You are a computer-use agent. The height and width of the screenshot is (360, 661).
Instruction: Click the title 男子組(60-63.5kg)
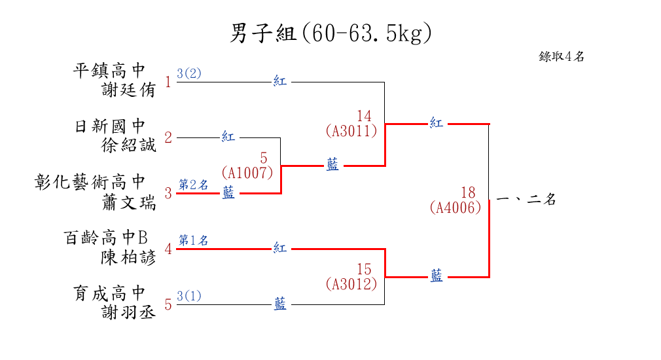point(330,33)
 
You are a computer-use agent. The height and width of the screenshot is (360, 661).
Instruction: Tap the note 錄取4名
point(561,56)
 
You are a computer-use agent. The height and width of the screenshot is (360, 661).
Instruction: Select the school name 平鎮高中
point(109,71)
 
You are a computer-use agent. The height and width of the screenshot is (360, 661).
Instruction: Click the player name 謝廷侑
point(128,90)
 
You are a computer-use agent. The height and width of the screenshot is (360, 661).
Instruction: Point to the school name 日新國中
point(109,126)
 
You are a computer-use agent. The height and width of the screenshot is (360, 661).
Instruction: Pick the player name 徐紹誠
point(128,145)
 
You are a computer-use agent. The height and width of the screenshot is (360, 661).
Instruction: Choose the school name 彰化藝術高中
point(90,182)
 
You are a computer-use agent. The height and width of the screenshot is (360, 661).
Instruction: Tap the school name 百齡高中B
point(106,238)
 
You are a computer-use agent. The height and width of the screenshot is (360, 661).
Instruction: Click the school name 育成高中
point(109,293)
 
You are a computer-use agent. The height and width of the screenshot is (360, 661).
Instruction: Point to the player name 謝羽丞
point(128,312)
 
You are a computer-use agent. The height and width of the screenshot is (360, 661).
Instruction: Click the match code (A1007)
point(247,173)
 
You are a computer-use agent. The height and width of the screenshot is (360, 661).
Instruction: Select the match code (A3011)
point(351,131)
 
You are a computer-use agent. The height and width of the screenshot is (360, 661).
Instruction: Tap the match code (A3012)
point(351,283)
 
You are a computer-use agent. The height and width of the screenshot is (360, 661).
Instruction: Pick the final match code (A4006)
point(456,207)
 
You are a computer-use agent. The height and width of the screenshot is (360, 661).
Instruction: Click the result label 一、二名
point(526,198)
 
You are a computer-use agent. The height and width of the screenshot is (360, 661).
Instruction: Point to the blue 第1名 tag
point(194,240)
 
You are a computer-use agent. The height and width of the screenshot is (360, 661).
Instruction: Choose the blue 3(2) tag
point(189,73)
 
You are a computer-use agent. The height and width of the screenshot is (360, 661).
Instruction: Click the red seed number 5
point(168,304)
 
